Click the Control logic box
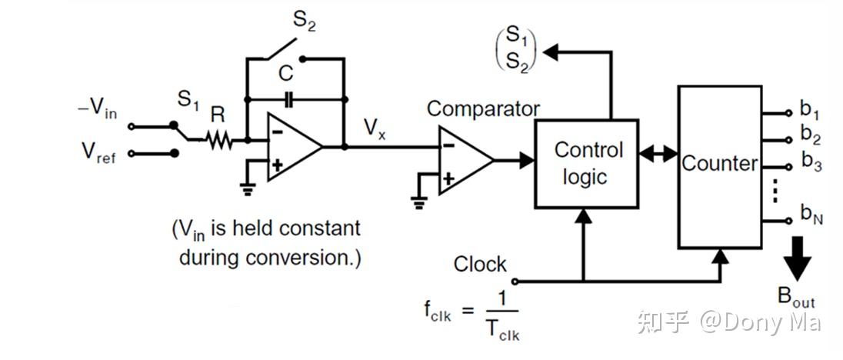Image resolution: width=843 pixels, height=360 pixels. (x=586, y=163)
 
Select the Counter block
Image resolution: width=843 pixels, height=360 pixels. (x=718, y=165)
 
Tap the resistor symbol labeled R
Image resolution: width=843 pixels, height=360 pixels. (x=218, y=140)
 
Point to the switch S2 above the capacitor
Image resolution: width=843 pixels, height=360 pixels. (x=282, y=50)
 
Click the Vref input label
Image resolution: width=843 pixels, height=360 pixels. (x=98, y=152)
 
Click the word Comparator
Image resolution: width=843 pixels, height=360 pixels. (x=483, y=108)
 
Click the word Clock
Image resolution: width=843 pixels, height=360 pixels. (x=480, y=265)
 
